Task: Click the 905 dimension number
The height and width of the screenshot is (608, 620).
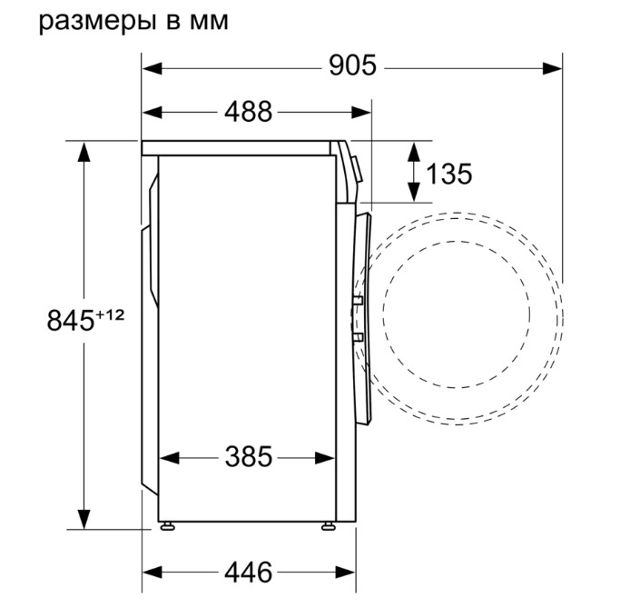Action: click(353, 65)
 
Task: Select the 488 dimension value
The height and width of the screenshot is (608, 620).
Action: click(249, 112)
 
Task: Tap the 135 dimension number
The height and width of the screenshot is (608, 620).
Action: click(449, 174)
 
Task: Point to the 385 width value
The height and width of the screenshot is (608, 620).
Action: click(249, 456)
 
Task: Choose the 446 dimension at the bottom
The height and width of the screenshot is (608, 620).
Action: click(249, 572)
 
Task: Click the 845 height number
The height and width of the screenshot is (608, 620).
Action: click(71, 320)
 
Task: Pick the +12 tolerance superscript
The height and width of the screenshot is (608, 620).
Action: click(110, 315)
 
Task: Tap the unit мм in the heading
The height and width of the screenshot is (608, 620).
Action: click(209, 22)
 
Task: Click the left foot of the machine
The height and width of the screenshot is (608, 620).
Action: click(168, 525)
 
